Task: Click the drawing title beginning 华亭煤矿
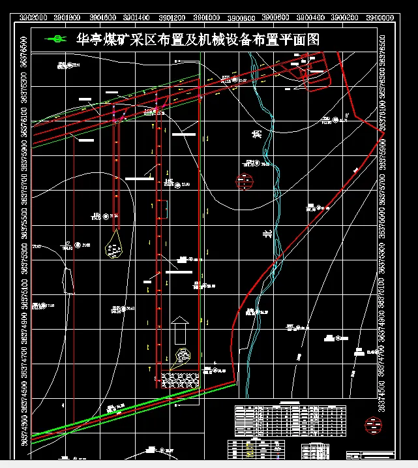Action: [x=198, y=39]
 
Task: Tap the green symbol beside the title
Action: [x=56, y=39]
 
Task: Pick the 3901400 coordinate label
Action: [x=138, y=18]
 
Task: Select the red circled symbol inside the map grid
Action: [x=245, y=182]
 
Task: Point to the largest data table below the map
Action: [x=290, y=420]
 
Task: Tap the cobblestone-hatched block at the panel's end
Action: [x=179, y=379]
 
